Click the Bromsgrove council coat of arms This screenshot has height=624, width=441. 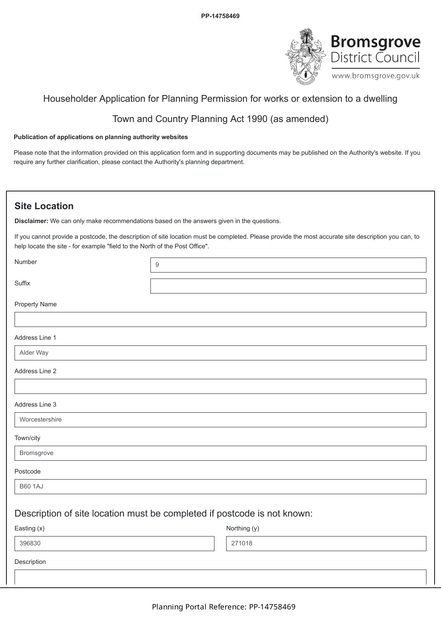pyautogui.click(x=305, y=57)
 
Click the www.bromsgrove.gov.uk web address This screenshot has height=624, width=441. pyautogui.click(x=376, y=76)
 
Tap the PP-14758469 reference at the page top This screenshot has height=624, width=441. pyautogui.click(x=220, y=16)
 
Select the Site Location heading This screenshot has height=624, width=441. pyautogui.click(x=44, y=206)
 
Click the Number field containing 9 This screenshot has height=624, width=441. pyautogui.click(x=288, y=265)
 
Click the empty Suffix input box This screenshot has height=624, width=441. pyautogui.click(x=288, y=286)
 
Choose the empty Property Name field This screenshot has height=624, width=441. pyautogui.click(x=220, y=319)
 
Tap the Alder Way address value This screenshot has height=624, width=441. pyautogui.click(x=34, y=353)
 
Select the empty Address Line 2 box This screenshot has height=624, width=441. pyautogui.click(x=220, y=386)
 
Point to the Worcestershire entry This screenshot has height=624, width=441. pyautogui.click(x=41, y=420)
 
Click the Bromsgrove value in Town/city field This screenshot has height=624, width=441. pyautogui.click(x=36, y=453)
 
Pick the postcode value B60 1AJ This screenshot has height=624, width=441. pyautogui.click(x=31, y=487)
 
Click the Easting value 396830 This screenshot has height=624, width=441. pyautogui.click(x=30, y=544)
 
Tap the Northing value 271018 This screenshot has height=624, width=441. pyautogui.click(x=242, y=544)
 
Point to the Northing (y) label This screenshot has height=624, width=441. pyautogui.click(x=243, y=528)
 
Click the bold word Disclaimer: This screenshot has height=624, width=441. pyautogui.click(x=31, y=221)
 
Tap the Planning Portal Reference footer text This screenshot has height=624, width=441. pyautogui.click(x=224, y=607)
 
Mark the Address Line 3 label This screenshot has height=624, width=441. pyautogui.click(x=35, y=404)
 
